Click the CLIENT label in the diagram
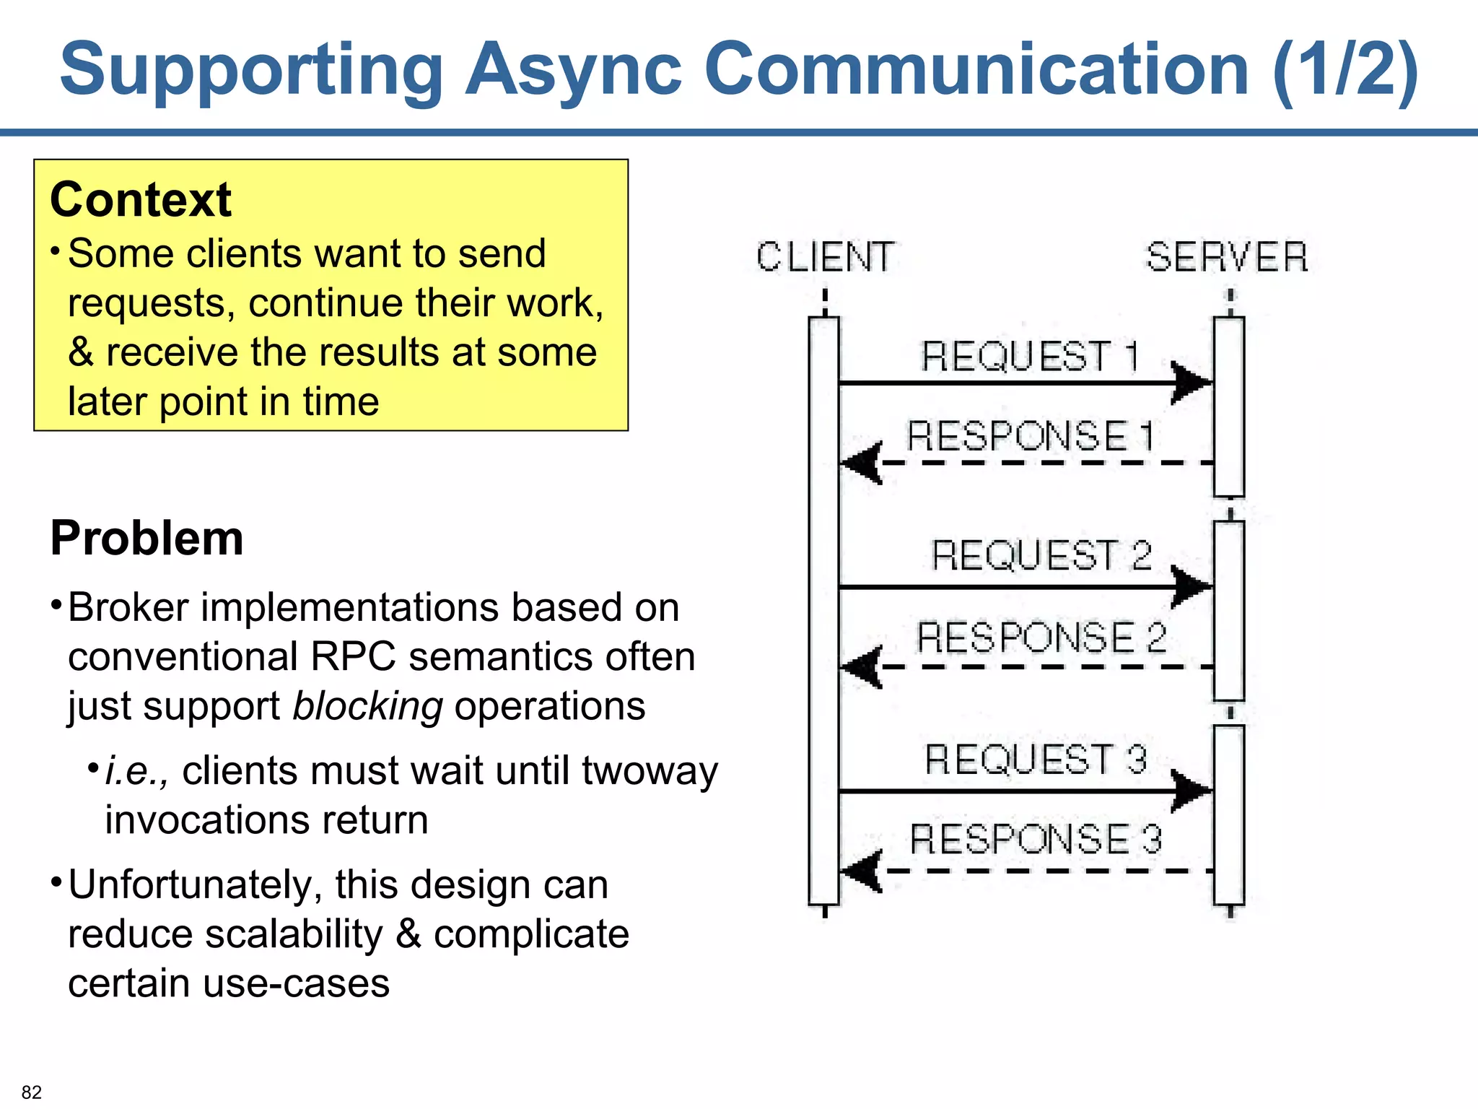pos(825,257)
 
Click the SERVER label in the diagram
pos(1227,257)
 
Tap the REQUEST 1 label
pos(1031,356)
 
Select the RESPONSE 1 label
pos(1031,436)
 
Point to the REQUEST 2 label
pos(1041,555)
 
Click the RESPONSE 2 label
pos(1041,637)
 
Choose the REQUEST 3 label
pos(1036,760)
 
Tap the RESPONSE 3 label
pos(1036,838)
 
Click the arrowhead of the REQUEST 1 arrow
pos(1191,382)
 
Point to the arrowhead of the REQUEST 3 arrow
pos(1191,791)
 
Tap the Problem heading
pos(147,539)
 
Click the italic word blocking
pos(367,706)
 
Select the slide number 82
pos(32,1092)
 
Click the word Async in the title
pos(574,70)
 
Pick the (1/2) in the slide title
pos(1345,70)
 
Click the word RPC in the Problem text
pos(353,657)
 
